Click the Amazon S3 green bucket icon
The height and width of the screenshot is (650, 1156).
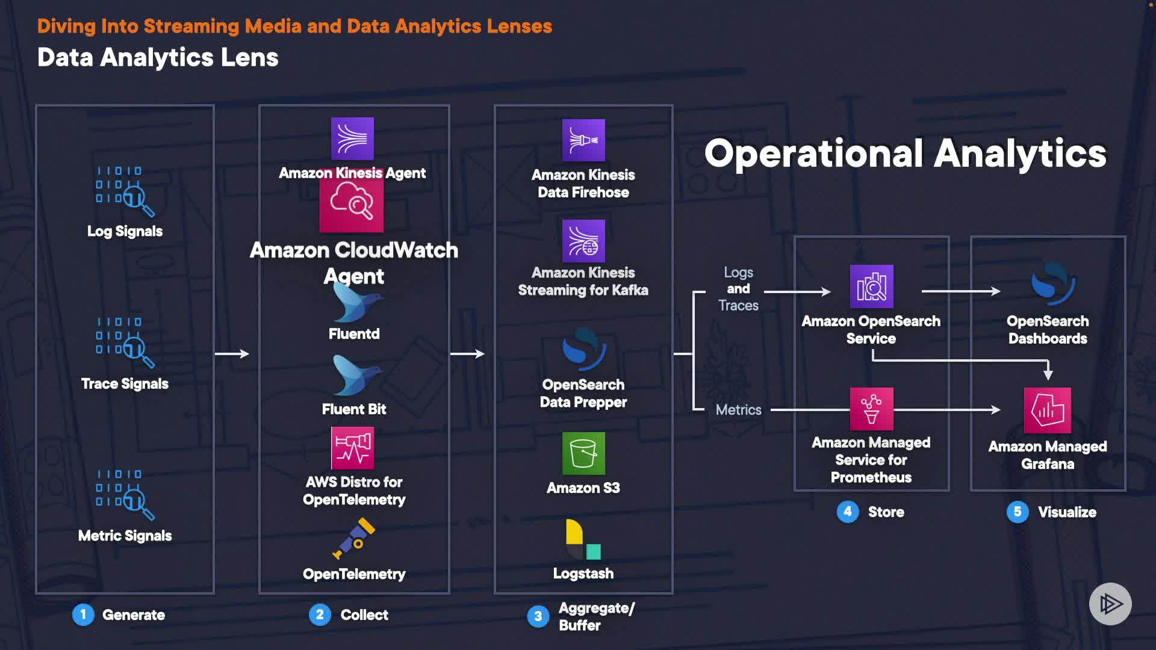coord(583,453)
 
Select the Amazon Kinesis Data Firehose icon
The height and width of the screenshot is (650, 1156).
coord(583,140)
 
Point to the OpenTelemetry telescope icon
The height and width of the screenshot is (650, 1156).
coord(355,537)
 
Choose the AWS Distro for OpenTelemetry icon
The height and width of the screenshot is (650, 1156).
coord(353,448)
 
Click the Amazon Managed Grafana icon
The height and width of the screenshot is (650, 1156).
coord(1047,410)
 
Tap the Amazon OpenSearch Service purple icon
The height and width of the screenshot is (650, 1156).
coord(871,286)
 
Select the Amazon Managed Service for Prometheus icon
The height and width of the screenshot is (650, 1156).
coord(871,409)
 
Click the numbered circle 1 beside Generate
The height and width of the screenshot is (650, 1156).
coord(83,614)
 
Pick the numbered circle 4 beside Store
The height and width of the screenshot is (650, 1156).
coord(848,512)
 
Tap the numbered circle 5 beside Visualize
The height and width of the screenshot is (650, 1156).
coord(1018,512)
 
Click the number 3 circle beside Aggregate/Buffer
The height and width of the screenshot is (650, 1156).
coord(538,616)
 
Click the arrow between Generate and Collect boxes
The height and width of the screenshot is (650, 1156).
coord(232,354)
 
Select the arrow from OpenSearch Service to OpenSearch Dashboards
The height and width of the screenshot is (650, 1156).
coord(960,291)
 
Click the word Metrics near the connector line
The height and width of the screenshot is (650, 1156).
coord(738,410)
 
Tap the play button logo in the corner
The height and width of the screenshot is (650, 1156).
coord(1110,604)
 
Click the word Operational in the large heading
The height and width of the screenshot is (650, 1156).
coord(813,153)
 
